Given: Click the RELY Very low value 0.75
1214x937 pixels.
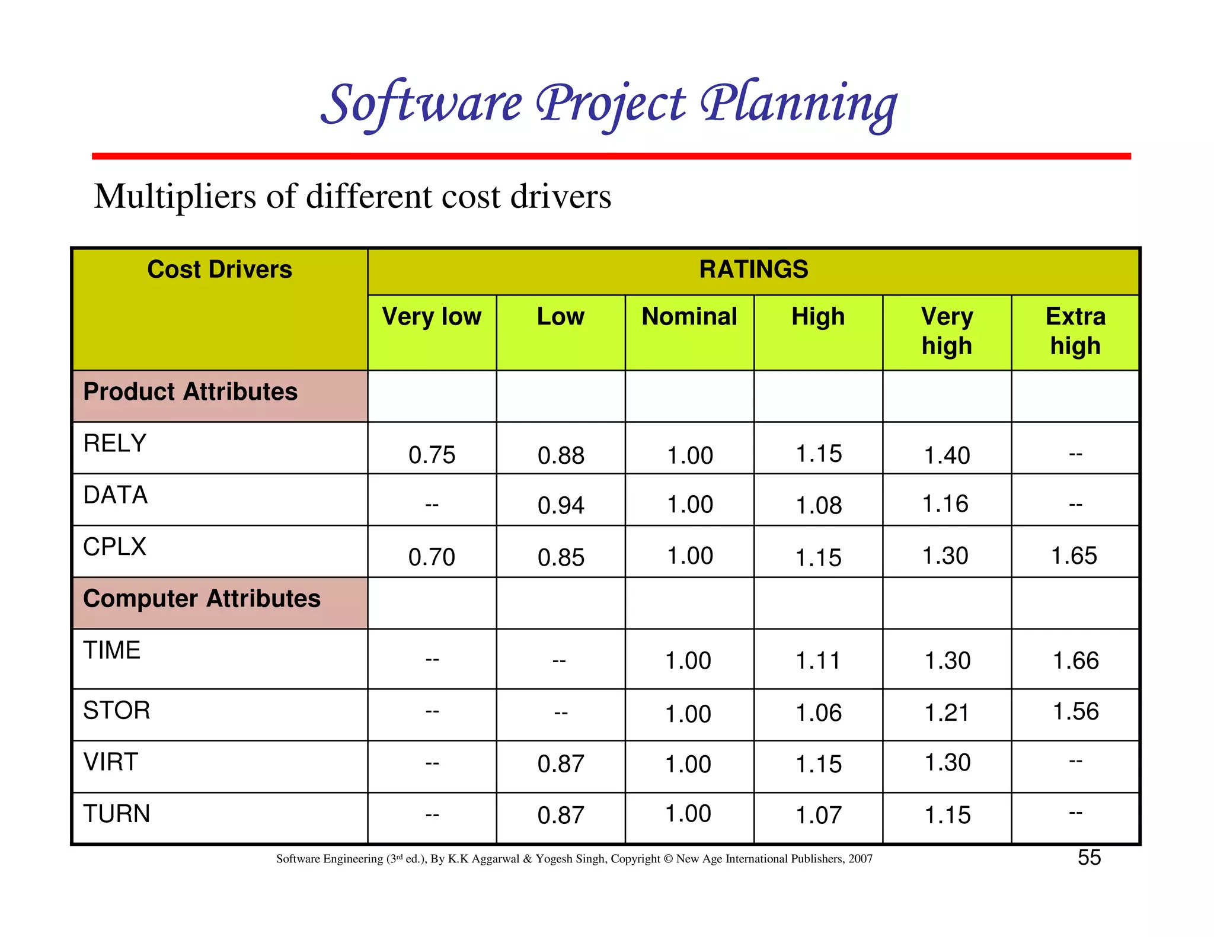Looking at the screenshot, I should (x=432, y=455).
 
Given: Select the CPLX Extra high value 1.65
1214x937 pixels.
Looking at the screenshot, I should (x=1074, y=556).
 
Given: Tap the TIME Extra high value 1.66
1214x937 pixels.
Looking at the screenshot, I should (x=1075, y=660).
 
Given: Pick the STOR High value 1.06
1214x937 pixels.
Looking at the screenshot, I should (x=818, y=713).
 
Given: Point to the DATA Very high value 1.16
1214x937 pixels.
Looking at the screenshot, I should (x=945, y=503).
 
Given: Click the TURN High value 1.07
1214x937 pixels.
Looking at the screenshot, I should (x=818, y=815).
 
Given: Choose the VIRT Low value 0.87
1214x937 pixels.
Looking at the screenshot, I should (x=561, y=763).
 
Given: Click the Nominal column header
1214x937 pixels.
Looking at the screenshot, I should (x=689, y=316).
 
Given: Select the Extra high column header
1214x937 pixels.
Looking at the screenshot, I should (x=1075, y=330).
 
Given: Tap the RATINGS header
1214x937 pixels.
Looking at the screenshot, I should (x=753, y=269).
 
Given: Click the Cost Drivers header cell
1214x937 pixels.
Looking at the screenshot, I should (x=219, y=269).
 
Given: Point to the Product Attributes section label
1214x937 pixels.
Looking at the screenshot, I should (x=190, y=392).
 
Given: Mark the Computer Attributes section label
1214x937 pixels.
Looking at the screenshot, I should (x=202, y=598).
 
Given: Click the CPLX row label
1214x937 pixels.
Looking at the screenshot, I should (x=114, y=546).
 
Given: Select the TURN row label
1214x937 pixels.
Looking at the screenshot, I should (x=116, y=813).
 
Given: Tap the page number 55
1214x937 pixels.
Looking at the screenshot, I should (x=1089, y=858).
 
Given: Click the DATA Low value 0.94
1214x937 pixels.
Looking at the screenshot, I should (x=561, y=505).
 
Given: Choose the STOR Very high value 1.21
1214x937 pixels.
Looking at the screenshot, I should (x=947, y=713).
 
